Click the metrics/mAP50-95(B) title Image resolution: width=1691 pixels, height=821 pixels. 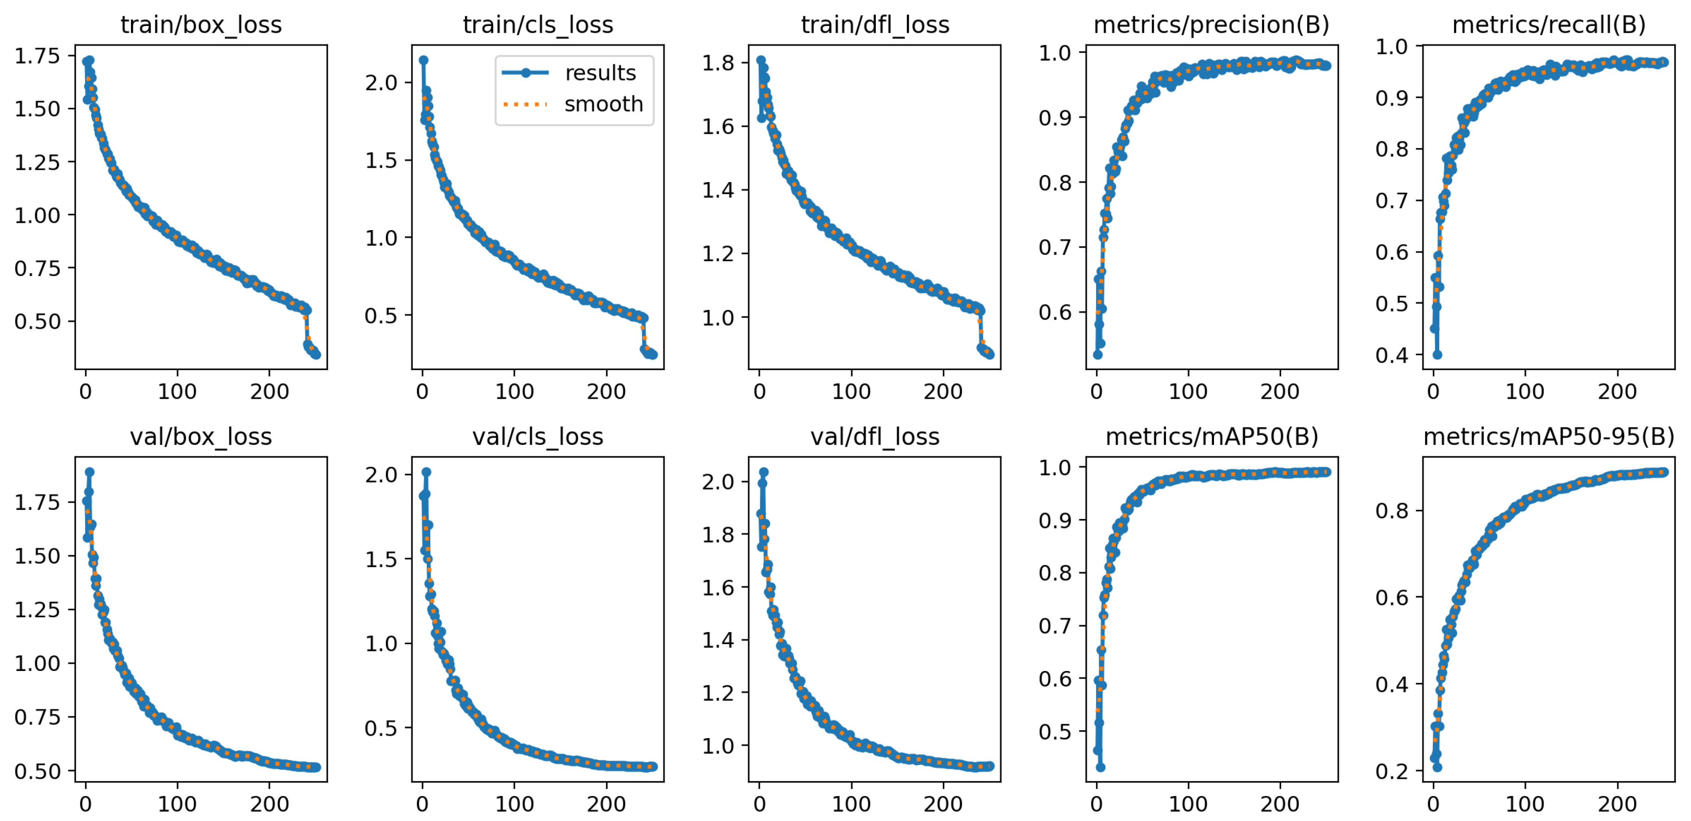(x=1548, y=437)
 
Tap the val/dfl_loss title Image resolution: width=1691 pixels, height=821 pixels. (x=874, y=437)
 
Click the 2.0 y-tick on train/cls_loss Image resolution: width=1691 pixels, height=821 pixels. (x=381, y=83)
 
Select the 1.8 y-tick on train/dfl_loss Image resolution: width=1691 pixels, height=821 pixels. (x=718, y=63)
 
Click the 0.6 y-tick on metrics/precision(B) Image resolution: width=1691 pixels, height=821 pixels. (x=1054, y=312)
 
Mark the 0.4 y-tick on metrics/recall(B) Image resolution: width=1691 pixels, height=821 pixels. (x=1391, y=355)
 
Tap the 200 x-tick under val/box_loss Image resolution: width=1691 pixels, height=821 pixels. (x=269, y=804)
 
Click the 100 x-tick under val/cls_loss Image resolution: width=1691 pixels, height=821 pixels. (x=514, y=804)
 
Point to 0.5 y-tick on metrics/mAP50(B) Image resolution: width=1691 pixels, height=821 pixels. (x=1054, y=732)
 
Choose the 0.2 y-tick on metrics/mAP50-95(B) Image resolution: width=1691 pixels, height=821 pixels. (x=1391, y=771)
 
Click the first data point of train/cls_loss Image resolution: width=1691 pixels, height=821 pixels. (x=423, y=60)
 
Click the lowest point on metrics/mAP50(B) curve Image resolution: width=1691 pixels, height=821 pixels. (x=1100, y=767)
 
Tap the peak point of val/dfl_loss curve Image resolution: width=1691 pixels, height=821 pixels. (x=763, y=472)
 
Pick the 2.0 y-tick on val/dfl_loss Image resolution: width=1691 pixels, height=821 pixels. (x=718, y=482)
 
